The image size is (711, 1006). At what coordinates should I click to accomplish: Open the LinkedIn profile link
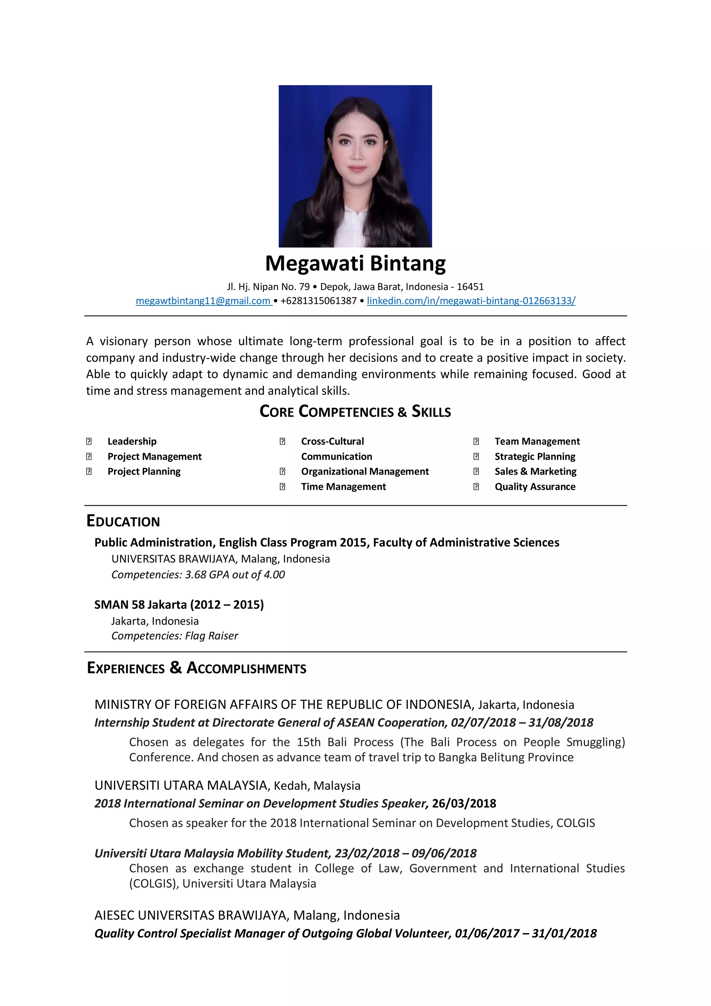[471, 301]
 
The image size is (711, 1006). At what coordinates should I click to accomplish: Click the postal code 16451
[470, 286]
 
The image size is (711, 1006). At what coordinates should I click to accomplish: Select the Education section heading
[123, 521]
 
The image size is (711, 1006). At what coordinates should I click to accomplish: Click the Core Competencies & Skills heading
[355, 411]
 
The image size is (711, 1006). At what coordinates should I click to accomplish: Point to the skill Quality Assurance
[535, 486]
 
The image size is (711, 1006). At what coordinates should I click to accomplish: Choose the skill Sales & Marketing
[535, 471]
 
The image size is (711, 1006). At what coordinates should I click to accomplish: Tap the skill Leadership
[132, 441]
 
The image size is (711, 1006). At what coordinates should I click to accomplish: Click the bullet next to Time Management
[283, 487]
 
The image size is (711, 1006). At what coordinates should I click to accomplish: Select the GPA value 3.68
[195, 575]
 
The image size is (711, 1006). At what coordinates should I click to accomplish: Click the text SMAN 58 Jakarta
[141, 605]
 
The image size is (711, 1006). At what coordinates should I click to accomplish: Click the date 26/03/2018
[464, 803]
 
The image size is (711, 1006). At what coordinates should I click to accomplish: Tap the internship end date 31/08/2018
[561, 722]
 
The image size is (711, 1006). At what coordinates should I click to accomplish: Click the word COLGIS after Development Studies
[576, 823]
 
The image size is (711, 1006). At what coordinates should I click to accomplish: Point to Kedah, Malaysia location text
[317, 786]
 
